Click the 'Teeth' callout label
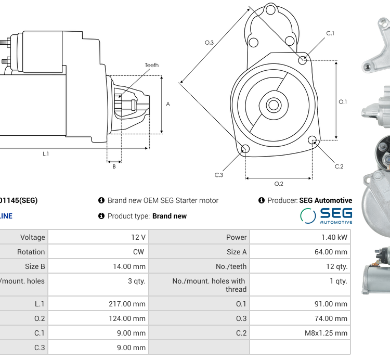point(151,65)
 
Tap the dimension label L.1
point(46,153)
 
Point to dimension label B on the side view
point(114,166)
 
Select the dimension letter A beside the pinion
point(168,104)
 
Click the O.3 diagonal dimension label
point(209,43)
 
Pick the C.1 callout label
point(330,33)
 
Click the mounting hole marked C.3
point(245,150)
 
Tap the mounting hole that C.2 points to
point(312,140)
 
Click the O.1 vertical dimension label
point(343,102)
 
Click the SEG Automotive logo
point(326,215)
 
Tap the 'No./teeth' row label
point(231,266)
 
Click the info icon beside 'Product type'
point(101,216)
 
